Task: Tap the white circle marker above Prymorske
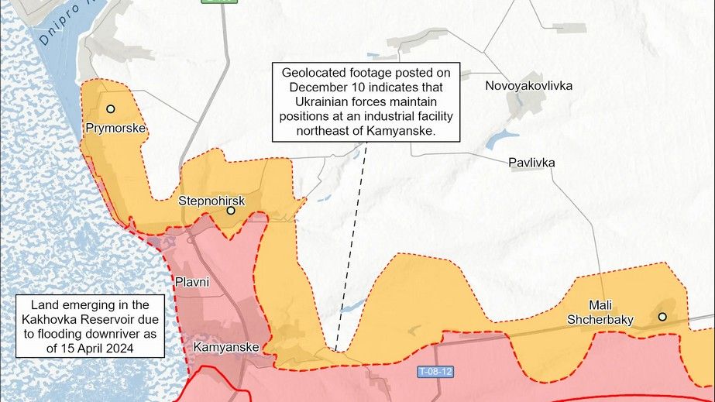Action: click(111, 109)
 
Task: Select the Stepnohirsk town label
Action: click(207, 201)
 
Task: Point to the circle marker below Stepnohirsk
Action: click(230, 210)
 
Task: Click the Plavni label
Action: click(192, 282)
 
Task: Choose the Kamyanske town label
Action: click(225, 347)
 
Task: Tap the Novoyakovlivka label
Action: click(528, 85)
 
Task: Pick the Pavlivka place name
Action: click(531, 163)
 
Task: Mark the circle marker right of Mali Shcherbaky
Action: click(662, 316)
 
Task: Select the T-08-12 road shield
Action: click(435, 372)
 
